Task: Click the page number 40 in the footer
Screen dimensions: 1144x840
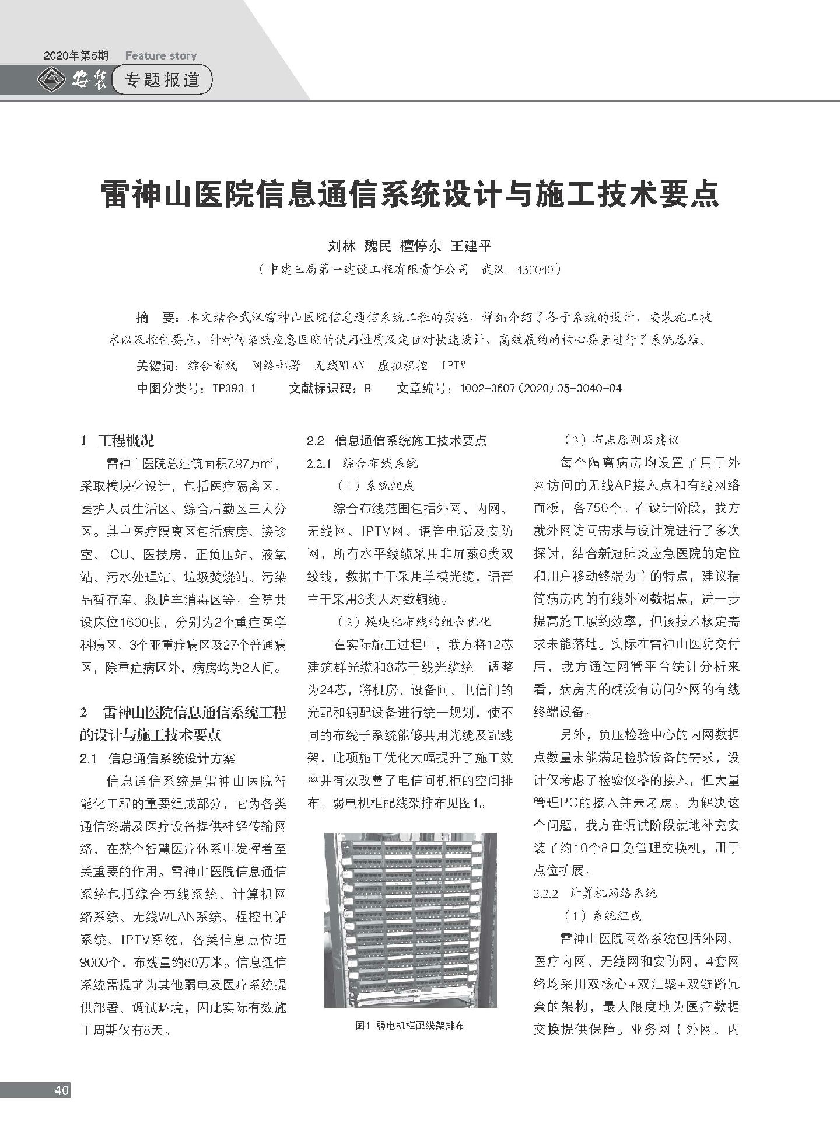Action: (x=61, y=1090)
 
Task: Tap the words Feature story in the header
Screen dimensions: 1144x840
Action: (x=161, y=56)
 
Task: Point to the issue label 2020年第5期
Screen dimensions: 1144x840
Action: (x=76, y=56)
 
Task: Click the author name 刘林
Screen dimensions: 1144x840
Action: (x=341, y=246)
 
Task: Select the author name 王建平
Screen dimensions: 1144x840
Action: (x=471, y=246)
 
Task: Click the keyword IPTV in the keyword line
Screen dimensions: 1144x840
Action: (x=453, y=365)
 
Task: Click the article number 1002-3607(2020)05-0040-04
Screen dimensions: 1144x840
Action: (x=541, y=388)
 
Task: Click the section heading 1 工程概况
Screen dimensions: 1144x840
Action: (x=117, y=441)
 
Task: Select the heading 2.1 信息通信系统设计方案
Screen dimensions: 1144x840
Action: (x=157, y=759)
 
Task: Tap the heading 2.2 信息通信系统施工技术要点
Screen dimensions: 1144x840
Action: (x=397, y=441)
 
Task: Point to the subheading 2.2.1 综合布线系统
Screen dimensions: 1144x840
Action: (x=362, y=463)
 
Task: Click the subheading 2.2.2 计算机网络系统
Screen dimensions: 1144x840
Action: (x=595, y=893)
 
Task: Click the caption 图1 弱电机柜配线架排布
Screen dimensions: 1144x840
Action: (x=410, y=1026)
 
